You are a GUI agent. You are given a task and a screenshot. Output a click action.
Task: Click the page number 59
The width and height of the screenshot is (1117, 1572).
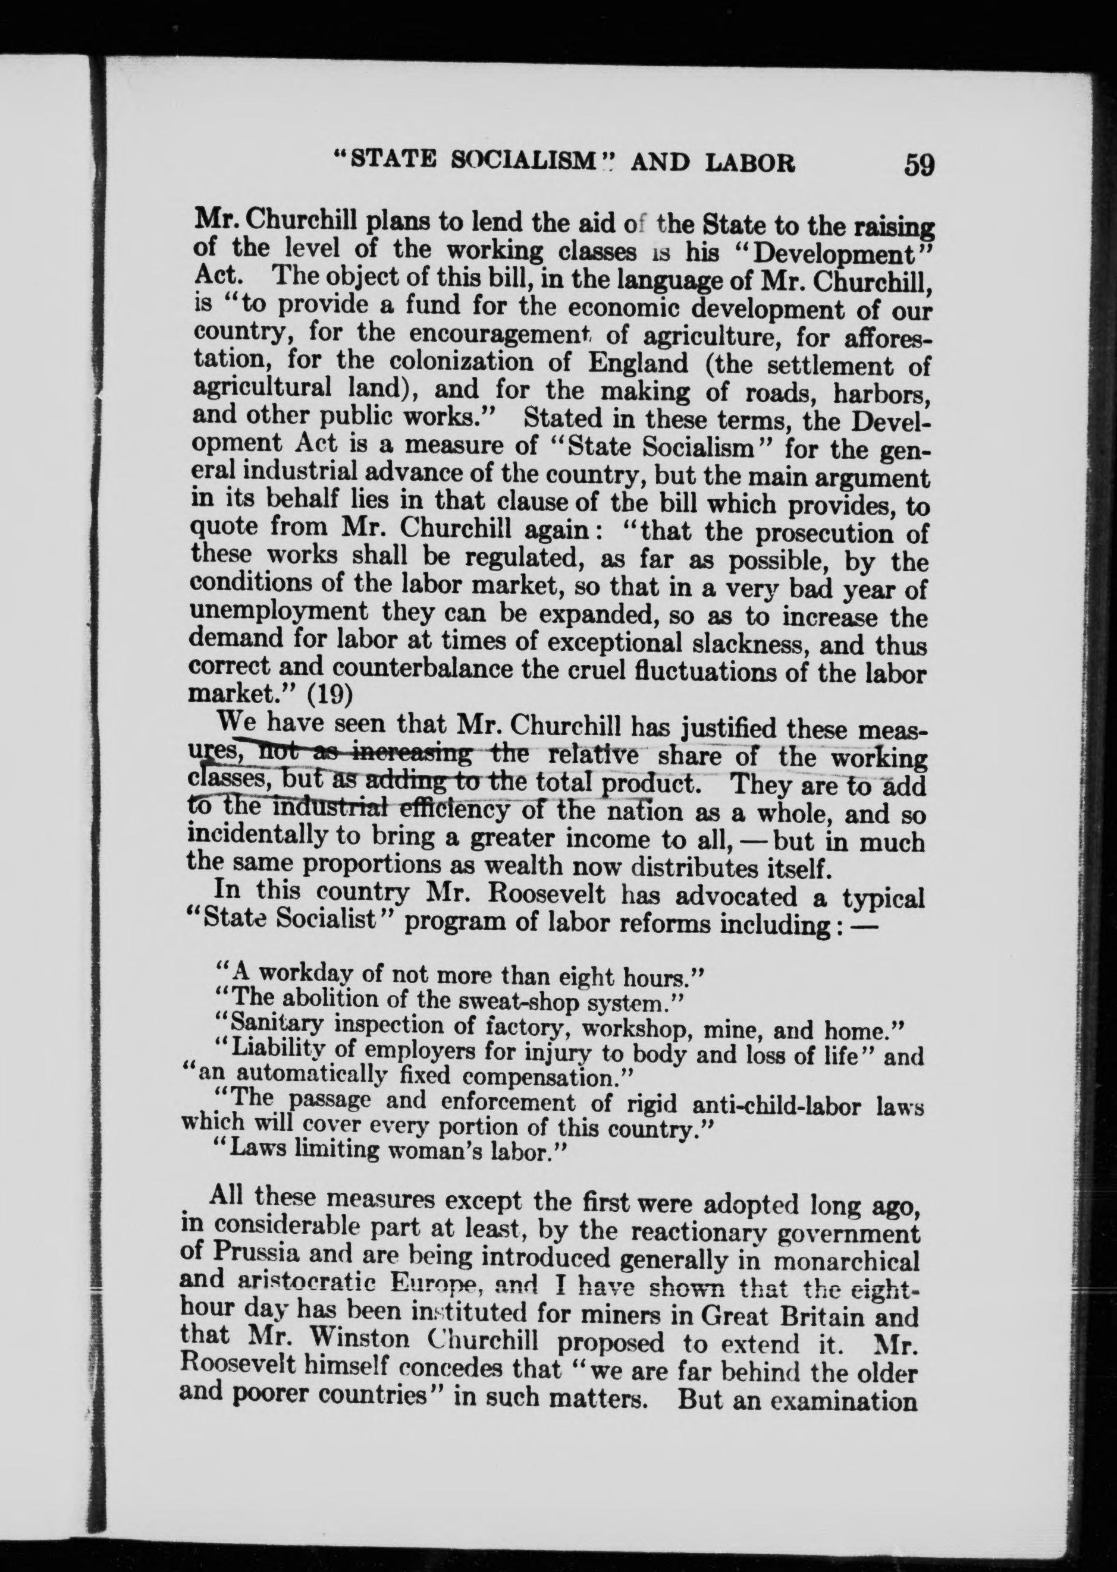click(x=919, y=165)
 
